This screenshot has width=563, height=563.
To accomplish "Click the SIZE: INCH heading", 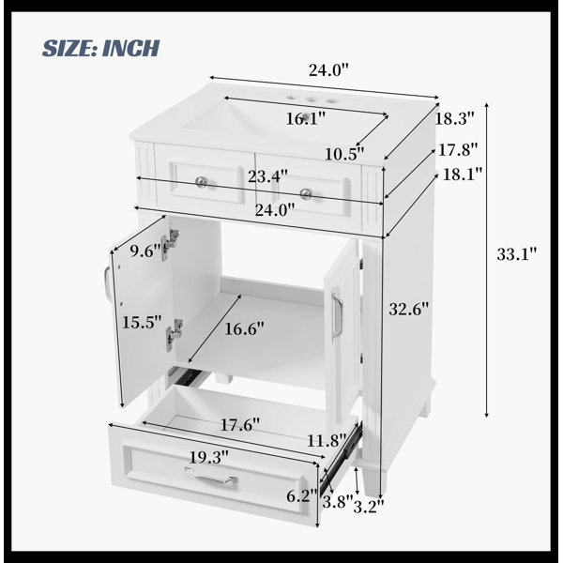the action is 101,48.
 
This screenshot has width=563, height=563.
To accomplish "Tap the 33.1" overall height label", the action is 517,254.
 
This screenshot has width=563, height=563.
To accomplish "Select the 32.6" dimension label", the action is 409,309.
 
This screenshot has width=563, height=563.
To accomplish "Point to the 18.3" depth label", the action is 455,118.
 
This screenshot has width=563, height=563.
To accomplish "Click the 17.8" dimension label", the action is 458,150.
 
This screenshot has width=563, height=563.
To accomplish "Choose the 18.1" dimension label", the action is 463,175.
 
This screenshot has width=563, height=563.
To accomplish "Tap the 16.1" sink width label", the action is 306,118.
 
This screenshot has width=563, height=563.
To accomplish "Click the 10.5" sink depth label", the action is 344,154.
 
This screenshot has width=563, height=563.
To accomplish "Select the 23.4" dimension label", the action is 267,176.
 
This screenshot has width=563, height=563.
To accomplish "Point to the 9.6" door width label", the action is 145,251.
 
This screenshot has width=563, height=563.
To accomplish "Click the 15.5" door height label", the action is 142,322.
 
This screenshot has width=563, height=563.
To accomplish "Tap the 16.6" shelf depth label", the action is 244,328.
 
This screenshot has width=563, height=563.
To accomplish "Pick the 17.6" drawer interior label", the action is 240,425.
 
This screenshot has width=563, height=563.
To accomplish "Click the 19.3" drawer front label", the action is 209,458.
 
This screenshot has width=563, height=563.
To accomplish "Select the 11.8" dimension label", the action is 327,440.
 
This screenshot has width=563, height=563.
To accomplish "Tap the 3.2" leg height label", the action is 369,507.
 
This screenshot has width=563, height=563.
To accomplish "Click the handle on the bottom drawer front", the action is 211,477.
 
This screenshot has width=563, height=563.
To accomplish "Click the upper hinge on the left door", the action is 170,244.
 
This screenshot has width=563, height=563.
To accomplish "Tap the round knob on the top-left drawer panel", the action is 202,182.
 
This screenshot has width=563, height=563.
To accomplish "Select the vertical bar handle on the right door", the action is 337,313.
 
